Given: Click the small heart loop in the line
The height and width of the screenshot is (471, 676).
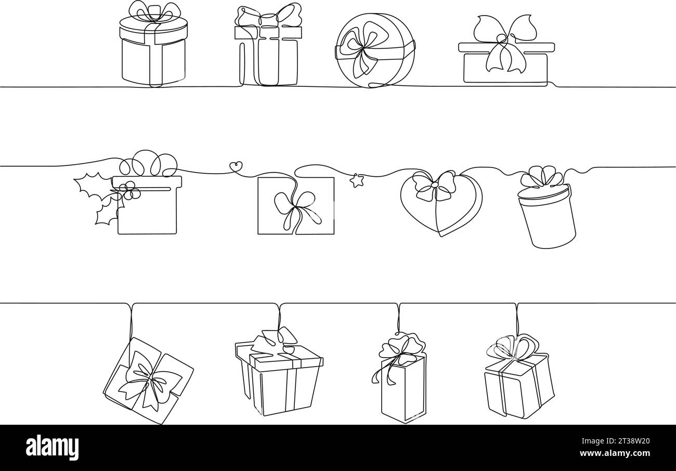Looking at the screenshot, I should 236,167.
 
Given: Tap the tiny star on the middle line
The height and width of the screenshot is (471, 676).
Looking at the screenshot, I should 356,181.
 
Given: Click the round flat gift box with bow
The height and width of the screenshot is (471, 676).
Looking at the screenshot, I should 374,50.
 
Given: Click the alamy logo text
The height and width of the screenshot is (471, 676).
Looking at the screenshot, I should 53,448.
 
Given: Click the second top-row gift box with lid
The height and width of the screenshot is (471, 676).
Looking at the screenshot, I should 268,52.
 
